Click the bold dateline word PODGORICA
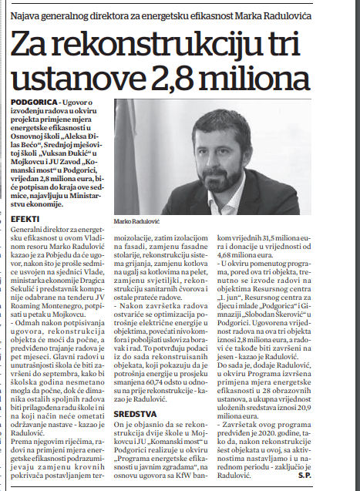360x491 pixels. [x=35, y=102]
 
